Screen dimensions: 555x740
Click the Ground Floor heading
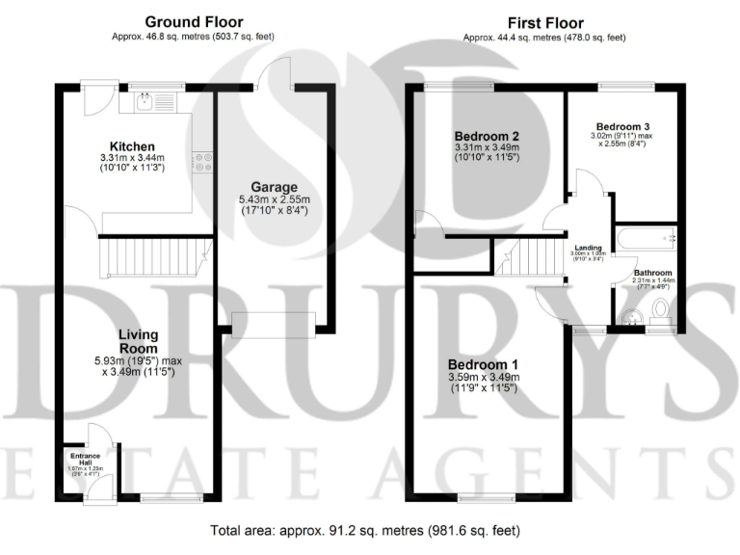tap(194, 21)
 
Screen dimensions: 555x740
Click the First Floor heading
tap(544, 21)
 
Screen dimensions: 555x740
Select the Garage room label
tap(276, 187)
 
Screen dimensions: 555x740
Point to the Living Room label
tap(138, 341)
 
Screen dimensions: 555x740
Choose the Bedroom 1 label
tap(484, 364)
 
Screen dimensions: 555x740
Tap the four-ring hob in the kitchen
tap(203, 161)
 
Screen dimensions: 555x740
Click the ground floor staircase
tap(155, 258)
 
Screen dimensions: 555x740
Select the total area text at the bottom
tap(369, 530)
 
